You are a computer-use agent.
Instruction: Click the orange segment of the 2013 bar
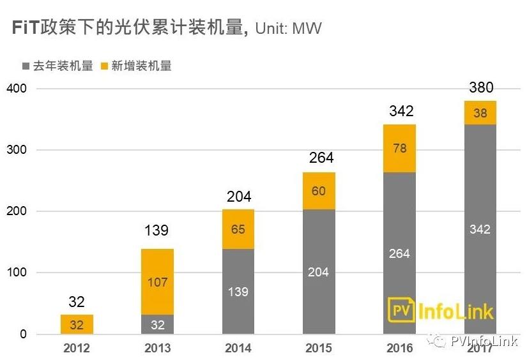[x=157, y=281]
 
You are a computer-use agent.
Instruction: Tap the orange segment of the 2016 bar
[x=399, y=148]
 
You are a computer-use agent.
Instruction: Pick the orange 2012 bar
[x=77, y=324]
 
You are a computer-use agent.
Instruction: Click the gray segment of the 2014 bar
[x=238, y=291]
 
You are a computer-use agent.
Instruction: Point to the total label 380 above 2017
[x=480, y=88]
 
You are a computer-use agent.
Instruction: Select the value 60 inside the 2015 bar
[x=319, y=191]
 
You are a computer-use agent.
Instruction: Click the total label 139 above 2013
[x=157, y=230]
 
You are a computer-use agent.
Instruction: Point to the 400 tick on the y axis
[x=17, y=88]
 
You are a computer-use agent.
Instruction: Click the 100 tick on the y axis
[x=17, y=273]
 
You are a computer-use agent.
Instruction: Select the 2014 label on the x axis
[x=238, y=348]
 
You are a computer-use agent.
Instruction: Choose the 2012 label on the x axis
[x=77, y=348]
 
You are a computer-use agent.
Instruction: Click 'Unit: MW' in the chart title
[x=288, y=28]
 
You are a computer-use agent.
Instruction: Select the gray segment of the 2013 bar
[x=157, y=324]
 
